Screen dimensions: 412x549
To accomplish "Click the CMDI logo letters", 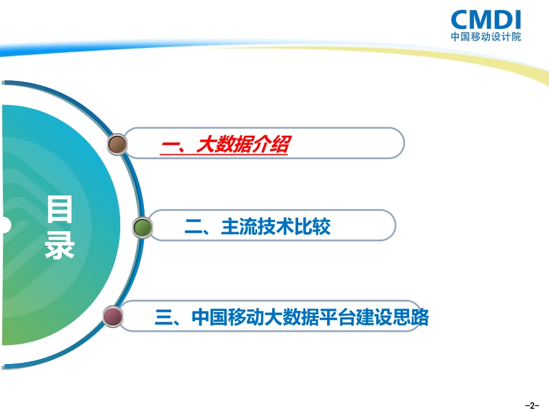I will click(485, 19).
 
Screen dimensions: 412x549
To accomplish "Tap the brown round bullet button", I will click(117, 144).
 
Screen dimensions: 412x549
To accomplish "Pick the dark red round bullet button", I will click(113, 317).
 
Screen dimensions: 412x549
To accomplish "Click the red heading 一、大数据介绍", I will click(224, 145).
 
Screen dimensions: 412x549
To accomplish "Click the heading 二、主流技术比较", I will click(257, 227).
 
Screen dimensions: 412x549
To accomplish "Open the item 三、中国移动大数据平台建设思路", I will click(292, 317).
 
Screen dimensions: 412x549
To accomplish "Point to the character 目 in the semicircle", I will click(60, 209).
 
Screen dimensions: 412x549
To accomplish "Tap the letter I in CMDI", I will click(516, 19).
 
